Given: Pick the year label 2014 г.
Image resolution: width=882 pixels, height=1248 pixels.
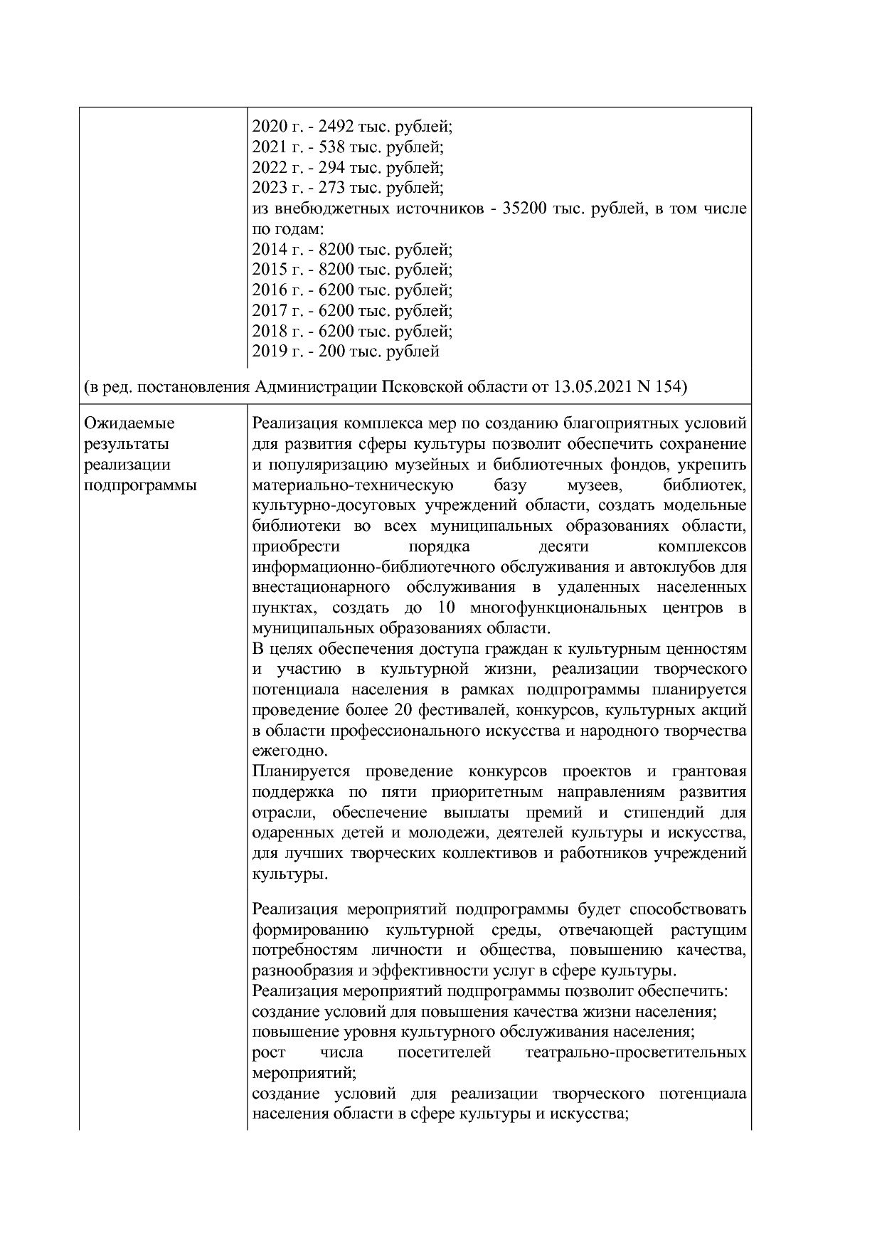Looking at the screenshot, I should pos(275,250).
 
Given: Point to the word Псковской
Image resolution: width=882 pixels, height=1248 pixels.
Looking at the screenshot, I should pos(420,388).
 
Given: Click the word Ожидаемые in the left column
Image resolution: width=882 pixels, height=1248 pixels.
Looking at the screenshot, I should pos(129,424).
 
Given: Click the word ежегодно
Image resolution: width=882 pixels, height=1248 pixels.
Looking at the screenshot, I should pos(290,751).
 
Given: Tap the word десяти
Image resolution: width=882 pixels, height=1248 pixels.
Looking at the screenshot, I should pos(564,547).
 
